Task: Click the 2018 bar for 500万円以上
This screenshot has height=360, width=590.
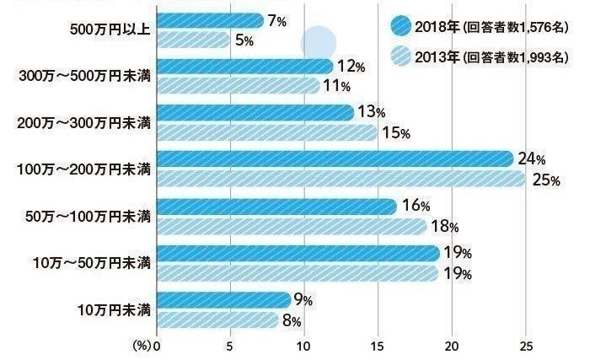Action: (x=210, y=20)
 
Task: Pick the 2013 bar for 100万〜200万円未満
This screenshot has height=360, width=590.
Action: (x=341, y=178)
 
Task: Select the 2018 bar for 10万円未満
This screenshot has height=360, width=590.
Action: (x=223, y=299)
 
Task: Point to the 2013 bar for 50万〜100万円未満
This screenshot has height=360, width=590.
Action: (x=292, y=226)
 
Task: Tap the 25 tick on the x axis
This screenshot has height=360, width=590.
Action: (x=526, y=347)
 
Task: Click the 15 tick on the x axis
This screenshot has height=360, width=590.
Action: (x=378, y=347)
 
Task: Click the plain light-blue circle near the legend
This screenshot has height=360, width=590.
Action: (x=319, y=43)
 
